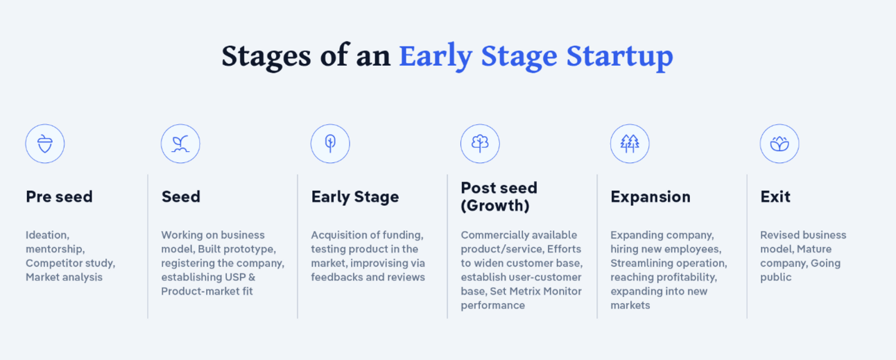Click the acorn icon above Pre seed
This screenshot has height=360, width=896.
45,144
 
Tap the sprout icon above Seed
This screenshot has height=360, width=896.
180,144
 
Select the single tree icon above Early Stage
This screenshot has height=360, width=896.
330,144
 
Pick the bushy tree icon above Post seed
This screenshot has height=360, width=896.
480,144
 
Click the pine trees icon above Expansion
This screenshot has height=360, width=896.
630,144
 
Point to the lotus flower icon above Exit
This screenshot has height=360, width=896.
779,144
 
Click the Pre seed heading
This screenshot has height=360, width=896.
59,197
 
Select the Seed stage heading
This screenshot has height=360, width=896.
181,197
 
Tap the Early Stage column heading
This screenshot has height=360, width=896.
355,198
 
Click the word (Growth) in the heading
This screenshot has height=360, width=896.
495,206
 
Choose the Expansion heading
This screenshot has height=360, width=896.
651,198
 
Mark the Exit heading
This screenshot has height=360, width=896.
775,197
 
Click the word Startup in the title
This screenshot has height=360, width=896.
619,57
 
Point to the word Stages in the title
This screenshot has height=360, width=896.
266,57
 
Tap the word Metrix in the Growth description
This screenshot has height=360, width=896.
519,291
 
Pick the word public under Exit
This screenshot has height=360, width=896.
776,277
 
